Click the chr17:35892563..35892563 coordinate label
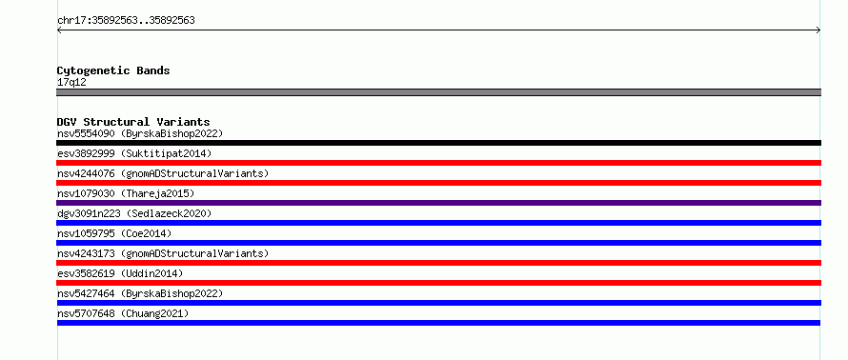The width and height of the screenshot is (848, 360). click(x=126, y=21)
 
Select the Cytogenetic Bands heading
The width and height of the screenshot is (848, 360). click(x=113, y=70)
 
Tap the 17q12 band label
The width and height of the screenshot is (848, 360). click(x=71, y=83)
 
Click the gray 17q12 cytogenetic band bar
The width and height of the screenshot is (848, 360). click(x=438, y=92)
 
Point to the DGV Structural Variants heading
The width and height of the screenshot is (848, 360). click(x=133, y=122)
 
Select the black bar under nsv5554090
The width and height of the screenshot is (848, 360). click(x=438, y=143)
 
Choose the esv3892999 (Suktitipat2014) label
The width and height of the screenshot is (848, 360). click(x=134, y=153)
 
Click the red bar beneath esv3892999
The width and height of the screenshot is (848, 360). click(x=438, y=163)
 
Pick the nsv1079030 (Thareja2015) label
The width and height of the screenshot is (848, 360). click(x=126, y=193)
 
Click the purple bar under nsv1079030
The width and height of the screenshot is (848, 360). click(x=438, y=203)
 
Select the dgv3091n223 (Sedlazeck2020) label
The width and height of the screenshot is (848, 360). click(x=134, y=213)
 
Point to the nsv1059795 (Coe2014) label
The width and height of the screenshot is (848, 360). click(x=114, y=233)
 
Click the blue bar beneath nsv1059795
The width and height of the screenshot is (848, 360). click(x=438, y=243)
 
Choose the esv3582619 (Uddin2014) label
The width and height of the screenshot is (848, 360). click(x=120, y=273)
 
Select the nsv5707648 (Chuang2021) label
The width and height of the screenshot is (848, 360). click(x=123, y=313)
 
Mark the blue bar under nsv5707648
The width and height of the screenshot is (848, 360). click(x=438, y=323)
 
